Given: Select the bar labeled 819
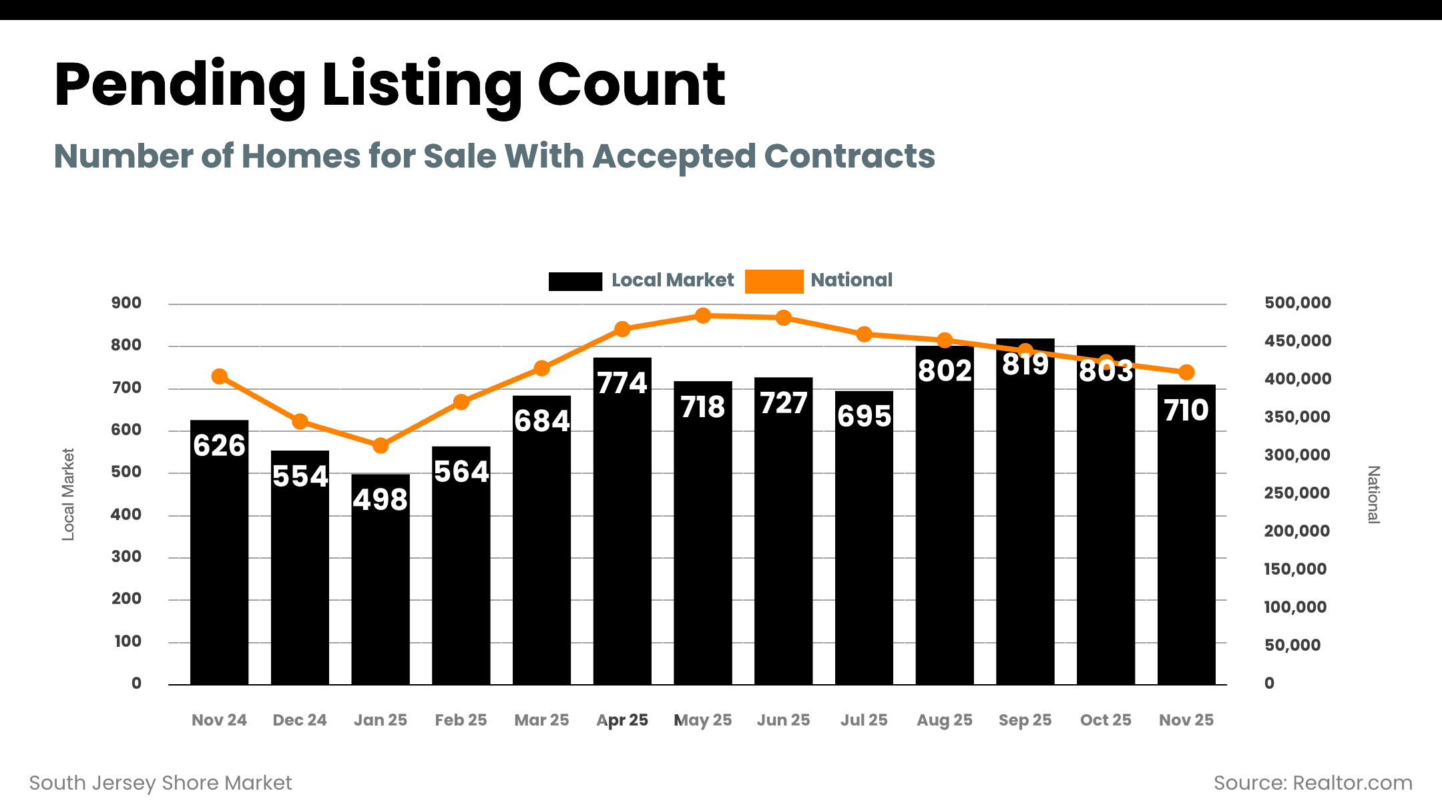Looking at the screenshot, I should click(x=1025, y=521).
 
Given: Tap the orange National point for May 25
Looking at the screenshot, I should click(x=702, y=316).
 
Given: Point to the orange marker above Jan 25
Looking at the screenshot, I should click(x=381, y=445).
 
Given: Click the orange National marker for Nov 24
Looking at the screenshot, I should click(x=219, y=376).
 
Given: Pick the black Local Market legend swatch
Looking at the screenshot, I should click(x=575, y=281).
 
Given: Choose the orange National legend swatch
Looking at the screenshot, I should click(x=774, y=281).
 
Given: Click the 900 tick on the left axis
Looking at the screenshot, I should click(x=126, y=303).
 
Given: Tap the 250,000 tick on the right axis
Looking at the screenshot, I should click(x=1296, y=493).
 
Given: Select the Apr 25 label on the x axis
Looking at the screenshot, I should click(x=622, y=720).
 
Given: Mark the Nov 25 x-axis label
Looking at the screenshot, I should click(x=1186, y=720).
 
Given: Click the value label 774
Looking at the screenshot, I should click(x=622, y=384).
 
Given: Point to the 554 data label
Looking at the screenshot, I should click(x=300, y=477).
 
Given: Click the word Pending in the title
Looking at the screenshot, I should click(x=180, y=85).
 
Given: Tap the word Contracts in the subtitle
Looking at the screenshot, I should click(x=849, y=156).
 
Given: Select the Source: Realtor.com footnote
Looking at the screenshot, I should click(x=1312, y=783).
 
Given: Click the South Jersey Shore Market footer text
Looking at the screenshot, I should click(x=161, y=783).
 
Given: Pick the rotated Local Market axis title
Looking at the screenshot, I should click(x=68, y=494).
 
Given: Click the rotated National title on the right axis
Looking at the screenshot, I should click(x=1373, y=495).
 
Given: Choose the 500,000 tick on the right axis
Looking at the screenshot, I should click(x=1297, y=303).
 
